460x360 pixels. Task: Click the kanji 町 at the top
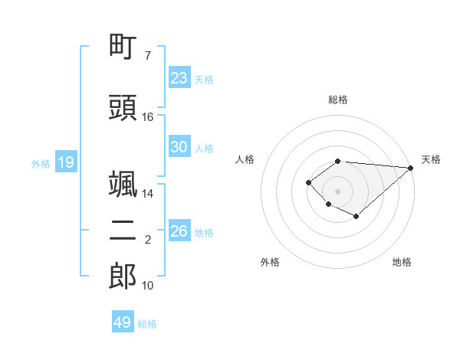point(123,47)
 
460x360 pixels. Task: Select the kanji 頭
point(123,108)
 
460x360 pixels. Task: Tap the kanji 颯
point(123,185)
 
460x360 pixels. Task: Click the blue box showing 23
point(179,78)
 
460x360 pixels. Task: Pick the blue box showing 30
point(179,147)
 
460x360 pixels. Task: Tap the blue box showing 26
point(179,231)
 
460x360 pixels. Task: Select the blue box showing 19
point(65,162)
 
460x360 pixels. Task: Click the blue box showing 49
point(123,322)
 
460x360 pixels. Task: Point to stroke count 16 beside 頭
point(148,117)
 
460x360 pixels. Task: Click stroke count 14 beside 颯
point(148,194)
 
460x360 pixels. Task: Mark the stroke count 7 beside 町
point(147,56)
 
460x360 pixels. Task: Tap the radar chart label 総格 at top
point(337,100)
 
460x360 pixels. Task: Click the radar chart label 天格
point(431,159)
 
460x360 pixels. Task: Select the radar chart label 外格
point(270,262)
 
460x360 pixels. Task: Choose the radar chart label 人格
point(245,159)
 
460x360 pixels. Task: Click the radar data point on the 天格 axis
point(411,168)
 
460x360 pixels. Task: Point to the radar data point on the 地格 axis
point(356,217)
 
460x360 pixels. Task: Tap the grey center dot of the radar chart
point(337,191)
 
